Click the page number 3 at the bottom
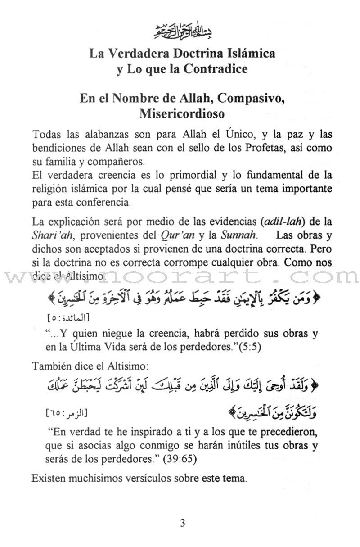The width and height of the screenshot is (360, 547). pos(182,523)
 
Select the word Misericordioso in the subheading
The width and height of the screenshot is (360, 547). pos(182,113)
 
